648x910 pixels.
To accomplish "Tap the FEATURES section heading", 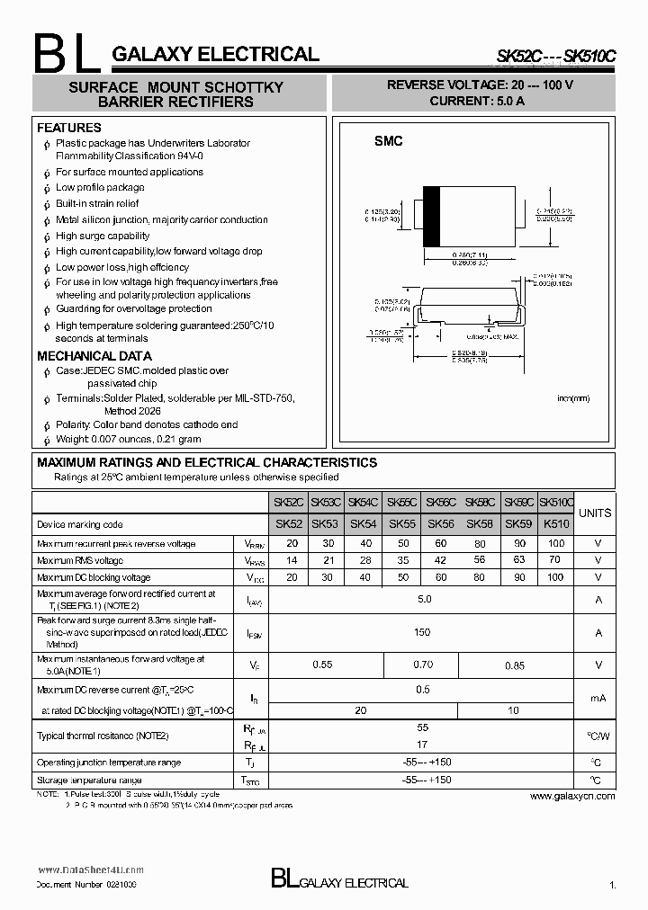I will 68,128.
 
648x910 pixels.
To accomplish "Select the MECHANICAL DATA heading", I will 94,356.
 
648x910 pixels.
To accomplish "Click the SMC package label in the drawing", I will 388,142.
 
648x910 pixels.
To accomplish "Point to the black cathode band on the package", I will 431,216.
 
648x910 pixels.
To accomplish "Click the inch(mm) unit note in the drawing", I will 572,397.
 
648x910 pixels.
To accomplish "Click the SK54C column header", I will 363,503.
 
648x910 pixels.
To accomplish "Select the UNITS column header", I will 594,513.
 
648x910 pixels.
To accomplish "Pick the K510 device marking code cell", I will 556,523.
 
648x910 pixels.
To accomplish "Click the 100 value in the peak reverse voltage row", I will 556,543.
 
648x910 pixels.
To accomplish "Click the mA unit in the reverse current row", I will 598,697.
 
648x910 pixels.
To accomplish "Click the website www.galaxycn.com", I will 571,796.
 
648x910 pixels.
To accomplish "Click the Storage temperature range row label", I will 89,781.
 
